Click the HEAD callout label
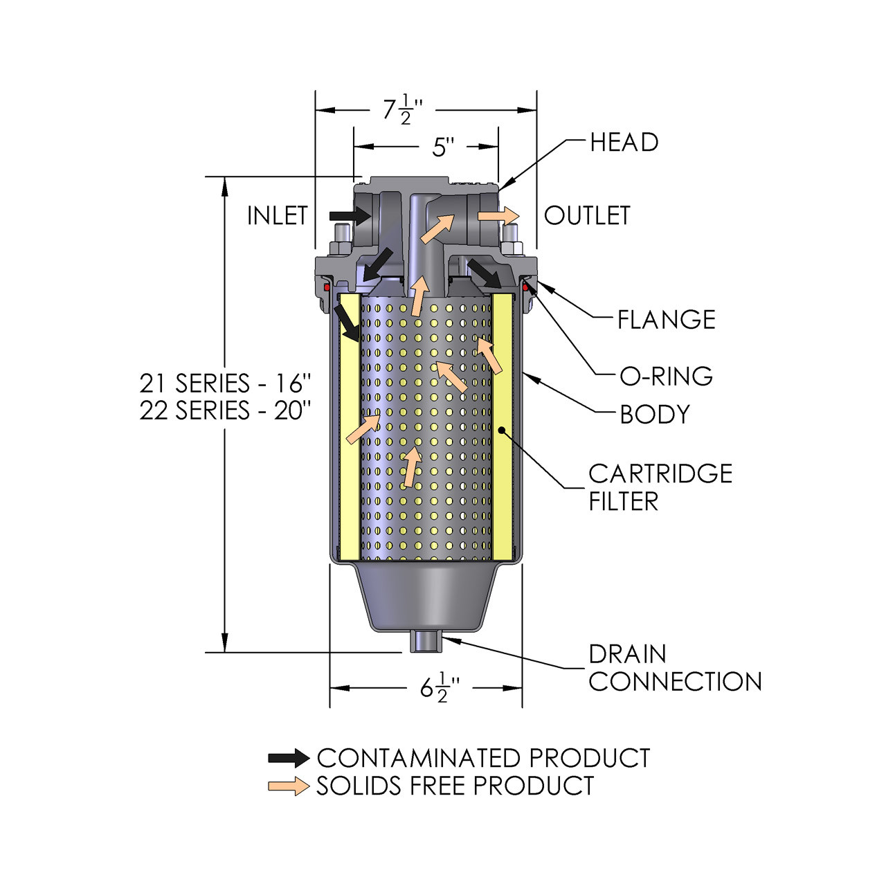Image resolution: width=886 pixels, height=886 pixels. pos(624,143)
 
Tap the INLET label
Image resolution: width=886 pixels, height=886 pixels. pos(277,216)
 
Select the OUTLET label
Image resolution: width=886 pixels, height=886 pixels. pos(587,216)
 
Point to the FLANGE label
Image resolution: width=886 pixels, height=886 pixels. pos(666,320)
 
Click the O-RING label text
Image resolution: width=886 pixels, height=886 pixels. pos(666,376)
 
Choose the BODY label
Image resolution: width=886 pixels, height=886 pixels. pos(655,415)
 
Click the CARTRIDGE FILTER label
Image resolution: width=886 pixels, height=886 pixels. pos(660,487)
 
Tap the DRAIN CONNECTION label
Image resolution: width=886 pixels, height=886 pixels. pos(674,668)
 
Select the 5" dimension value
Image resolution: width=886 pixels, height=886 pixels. pos(443,147)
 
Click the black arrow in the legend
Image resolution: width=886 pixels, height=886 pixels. pos(289,758)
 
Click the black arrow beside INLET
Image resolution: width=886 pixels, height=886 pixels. pos(350,216)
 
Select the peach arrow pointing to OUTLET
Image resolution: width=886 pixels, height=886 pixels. pos(498,215)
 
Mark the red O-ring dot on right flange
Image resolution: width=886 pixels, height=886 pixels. pos(525,287)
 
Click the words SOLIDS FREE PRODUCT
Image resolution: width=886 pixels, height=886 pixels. pos(455,786)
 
